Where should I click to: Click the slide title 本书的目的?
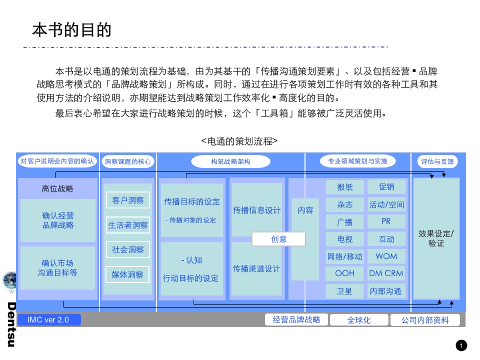(72, 30)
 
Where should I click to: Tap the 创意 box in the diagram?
(279, 239)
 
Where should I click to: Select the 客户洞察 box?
(128, 200)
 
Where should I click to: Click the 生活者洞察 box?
(128, 225)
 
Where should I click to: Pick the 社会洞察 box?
(128, 250)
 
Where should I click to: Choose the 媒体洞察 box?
(128, 275)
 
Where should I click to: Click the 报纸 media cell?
(345, 187)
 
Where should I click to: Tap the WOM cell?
(386, 256)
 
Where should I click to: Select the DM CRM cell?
(386, 274)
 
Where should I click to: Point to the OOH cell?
(345, 274)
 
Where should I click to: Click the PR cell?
(386, 221)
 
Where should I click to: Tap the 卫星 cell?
(345, 291)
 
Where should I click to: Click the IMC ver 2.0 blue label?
(48, 320)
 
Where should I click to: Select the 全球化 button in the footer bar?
(359, 320)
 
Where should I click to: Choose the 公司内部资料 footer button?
(425, 320)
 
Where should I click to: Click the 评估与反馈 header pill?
(436, 162)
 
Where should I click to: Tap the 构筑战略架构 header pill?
(231, 162)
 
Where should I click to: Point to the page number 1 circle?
(461, 345)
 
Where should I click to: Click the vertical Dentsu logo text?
(11, 324)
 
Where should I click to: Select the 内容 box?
(305, 210)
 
